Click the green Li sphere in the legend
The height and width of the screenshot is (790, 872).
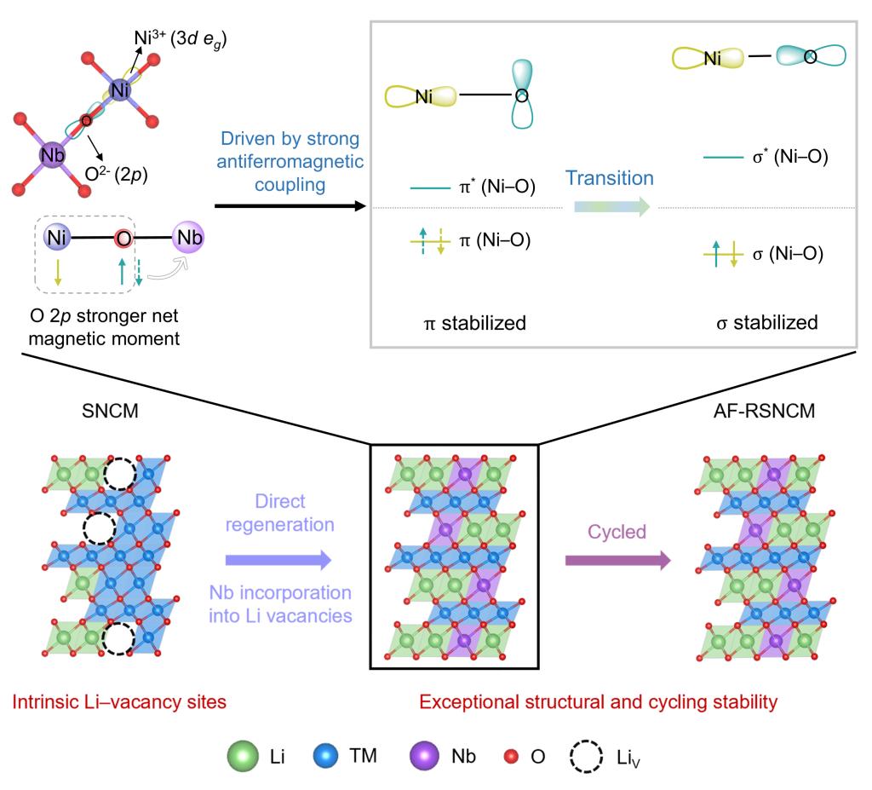244,756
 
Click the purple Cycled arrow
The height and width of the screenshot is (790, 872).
617,560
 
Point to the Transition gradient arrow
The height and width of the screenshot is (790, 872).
611,206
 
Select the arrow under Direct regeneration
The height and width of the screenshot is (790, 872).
278,560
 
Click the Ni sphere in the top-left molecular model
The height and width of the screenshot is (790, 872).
121,89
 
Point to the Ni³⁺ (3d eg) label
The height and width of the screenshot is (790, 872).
180,38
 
